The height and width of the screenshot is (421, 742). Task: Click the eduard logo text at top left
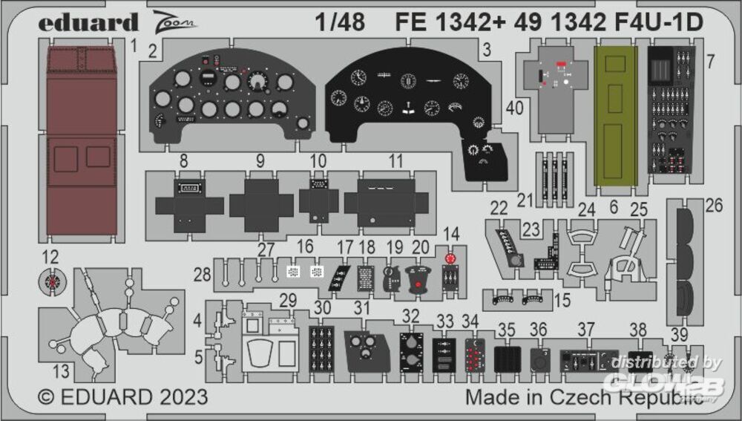tap(88, 22)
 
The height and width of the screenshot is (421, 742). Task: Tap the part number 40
tap(515, 108)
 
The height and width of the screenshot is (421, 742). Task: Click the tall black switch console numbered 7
tap(672, 109)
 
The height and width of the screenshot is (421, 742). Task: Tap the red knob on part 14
tap(450, 258)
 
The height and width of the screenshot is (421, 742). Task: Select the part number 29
tap(289, 301)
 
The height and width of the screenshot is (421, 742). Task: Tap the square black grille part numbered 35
tap(506, 359)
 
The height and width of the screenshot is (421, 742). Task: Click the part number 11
tap(396, 160)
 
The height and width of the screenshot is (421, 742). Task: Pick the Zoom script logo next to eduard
tap(175, 22)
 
